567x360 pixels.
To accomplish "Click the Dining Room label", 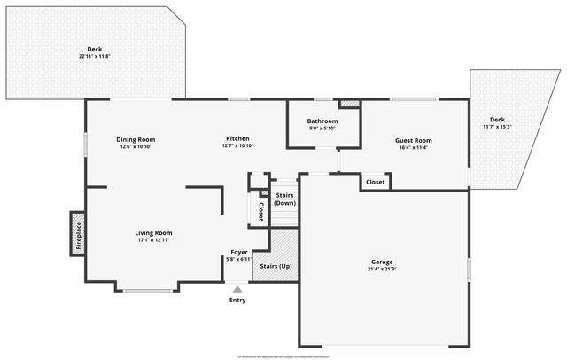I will (x=136, y=139).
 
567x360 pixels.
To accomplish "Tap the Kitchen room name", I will (x=237, y=139).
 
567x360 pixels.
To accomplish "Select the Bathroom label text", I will (x=322, y=121).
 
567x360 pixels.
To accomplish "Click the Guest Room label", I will (x=413, y=140).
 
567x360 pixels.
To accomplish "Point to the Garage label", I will (x=382, y=262).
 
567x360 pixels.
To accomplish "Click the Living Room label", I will (x=153, y=232).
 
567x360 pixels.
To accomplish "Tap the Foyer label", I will (x=239, y=252).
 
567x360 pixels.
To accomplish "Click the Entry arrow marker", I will (x=237, y=288).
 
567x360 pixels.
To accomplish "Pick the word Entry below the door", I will (x=237, y=300).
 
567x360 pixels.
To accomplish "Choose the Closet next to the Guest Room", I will (x=375, y=182).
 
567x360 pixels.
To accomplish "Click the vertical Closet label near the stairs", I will (x=260, y=211).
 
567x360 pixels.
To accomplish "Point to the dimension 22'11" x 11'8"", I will (x=94, y=57).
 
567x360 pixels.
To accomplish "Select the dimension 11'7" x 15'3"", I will (x=497, y=127).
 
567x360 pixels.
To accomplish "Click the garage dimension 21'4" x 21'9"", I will (x=382, y=270).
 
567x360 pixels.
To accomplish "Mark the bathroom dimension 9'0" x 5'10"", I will (x=322, y=129).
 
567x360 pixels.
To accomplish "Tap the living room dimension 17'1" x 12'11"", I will (x=153, y=240).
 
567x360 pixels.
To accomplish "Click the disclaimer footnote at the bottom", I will (x=283, y=356).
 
